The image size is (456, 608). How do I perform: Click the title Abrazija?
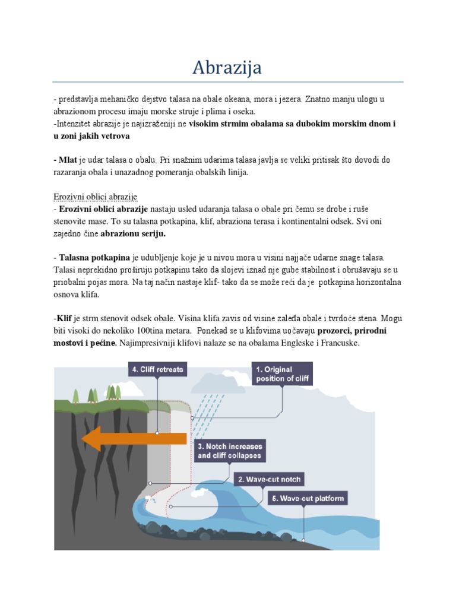[x=227, y=68]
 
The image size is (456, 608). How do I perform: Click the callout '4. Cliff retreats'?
[x=157, y=369]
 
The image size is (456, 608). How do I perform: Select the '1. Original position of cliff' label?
[x=281, y=374]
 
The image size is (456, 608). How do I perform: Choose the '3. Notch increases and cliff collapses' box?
[x=229, y=451]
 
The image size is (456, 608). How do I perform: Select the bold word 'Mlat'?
[x=68, y=160]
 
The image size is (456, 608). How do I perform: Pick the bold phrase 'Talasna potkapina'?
[x=94, y=258]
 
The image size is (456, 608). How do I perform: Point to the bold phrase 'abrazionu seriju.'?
[x=134, y=234]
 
